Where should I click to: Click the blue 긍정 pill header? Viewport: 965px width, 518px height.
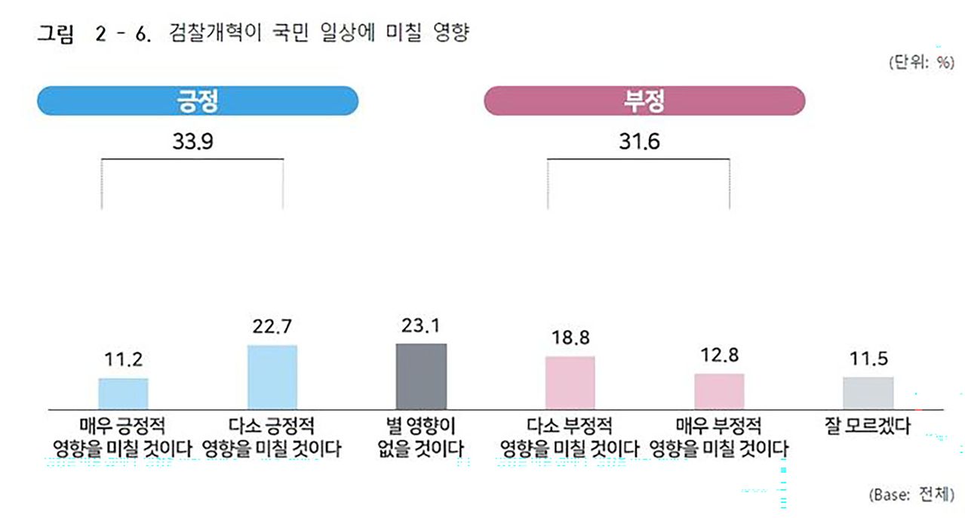(197, 100)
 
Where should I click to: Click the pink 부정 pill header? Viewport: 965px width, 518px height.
(644, 100)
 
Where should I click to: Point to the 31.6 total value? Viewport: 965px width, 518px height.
(639, 141)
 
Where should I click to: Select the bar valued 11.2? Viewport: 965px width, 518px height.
(123, 393)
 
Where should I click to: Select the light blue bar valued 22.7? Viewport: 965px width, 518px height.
(272, 376)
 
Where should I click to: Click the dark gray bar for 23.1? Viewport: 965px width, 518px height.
(421, 375)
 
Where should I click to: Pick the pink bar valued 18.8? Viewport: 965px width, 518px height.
(570, 382)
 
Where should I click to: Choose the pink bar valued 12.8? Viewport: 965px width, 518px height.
(719, 390)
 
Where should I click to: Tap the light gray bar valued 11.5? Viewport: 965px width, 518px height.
(868, 393)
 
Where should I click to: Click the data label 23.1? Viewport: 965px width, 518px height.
(421, 325)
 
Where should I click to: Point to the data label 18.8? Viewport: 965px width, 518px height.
(570, 338)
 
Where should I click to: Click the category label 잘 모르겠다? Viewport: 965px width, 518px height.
(868, 426)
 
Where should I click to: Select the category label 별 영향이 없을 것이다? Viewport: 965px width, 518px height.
(421, 437)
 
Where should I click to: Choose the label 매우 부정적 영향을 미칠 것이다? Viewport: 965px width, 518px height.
(719, 437)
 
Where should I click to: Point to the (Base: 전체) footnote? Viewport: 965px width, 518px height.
(912, 495)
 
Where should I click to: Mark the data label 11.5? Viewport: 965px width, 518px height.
(868, 359)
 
